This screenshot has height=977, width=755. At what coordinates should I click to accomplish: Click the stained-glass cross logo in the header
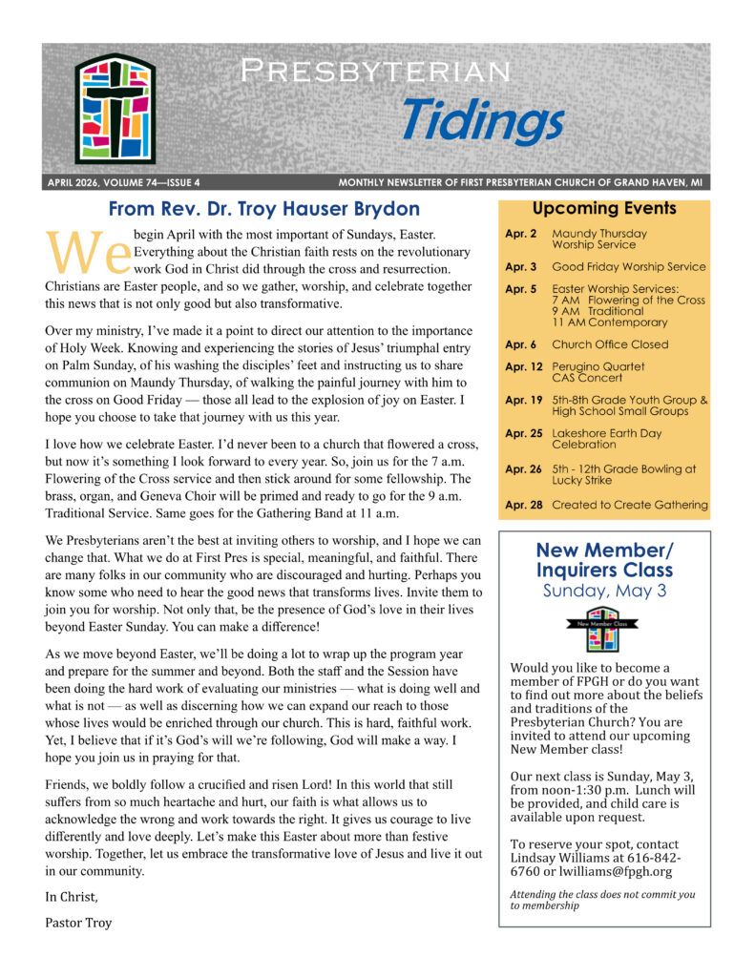click(x=115, y=109)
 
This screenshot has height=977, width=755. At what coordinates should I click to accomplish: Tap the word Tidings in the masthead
click(x=481, y=121)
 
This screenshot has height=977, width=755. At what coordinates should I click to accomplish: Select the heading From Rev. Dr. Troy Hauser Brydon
click(x=264, y=209)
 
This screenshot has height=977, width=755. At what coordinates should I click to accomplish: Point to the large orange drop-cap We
click(x=88, y=251)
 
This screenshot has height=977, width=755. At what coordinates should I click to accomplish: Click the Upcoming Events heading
click(x=603, y=208)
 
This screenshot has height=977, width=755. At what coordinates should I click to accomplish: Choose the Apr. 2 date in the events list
click(x=520, y=234)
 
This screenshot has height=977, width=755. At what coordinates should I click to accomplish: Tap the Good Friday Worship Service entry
click(x=628, y=267)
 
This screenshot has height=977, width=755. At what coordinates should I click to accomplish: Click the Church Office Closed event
click(x=610, y=344)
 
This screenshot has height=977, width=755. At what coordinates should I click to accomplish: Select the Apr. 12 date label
click(x=523, y=366)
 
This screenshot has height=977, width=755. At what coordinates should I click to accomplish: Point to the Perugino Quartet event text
click(x=598, y=366)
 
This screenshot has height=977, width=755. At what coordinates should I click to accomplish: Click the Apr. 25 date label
click(x=523, y=433)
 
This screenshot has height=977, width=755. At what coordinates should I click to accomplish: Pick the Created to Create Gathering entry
click(x=629, y=505)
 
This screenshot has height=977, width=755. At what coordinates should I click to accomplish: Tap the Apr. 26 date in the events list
click(x=523, y=469)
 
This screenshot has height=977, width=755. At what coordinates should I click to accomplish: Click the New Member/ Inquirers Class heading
click(x=603, y=560)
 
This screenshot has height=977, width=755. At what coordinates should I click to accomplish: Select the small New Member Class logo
click(x=603, y=629)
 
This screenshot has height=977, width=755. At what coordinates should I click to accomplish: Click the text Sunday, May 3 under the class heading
click(x=603, y=591)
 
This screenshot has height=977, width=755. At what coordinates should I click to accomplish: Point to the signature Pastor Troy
click(x=78, y=923)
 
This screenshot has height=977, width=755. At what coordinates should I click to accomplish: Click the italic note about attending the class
click(x=602, y=900)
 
